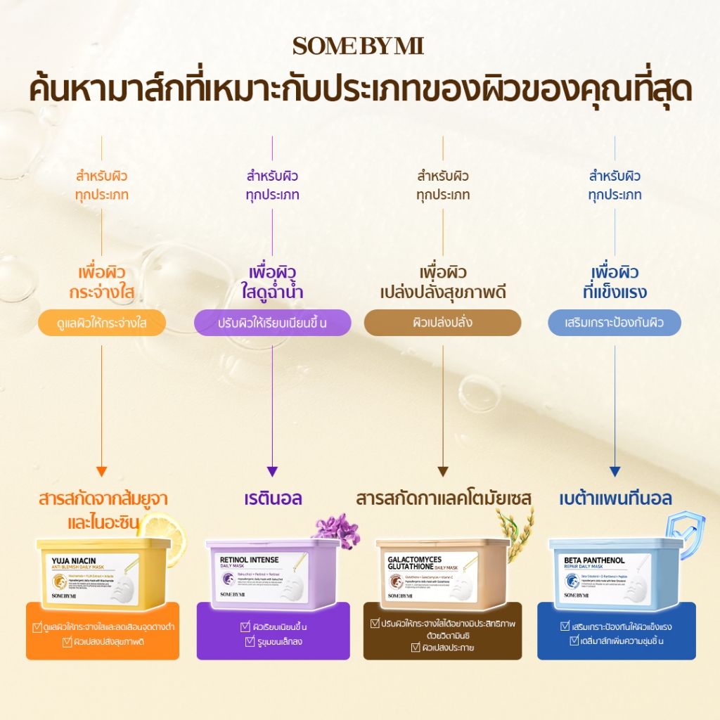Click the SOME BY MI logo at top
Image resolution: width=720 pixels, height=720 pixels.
359,46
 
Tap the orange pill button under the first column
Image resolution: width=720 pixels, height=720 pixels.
102,323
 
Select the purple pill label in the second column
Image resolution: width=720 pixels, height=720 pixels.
272,323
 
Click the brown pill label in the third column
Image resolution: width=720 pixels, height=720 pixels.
442,323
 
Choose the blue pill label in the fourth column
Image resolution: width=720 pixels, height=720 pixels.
615,323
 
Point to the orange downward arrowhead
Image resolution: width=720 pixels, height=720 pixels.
102,472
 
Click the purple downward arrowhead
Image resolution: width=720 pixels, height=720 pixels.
273,472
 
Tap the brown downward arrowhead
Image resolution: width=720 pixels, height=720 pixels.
443,472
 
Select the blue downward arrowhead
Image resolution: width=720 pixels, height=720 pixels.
615,472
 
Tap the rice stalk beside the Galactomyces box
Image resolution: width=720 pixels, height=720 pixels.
517,524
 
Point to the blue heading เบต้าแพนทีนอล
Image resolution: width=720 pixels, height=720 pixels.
615,499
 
